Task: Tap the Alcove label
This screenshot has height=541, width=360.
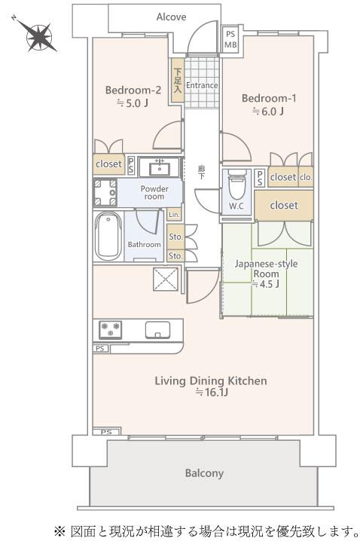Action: [x=172, y=17]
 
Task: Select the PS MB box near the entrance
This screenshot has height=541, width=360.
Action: [x=230, y=40]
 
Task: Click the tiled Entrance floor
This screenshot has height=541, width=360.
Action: [x=202, y=82]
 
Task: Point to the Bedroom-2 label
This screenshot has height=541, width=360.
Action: [x=133, y=90]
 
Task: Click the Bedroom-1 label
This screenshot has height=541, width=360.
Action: [x=269, y=99]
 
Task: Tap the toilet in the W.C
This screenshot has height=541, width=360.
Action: [x=237, y=184]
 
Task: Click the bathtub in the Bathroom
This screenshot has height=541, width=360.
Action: [x=108, y=236]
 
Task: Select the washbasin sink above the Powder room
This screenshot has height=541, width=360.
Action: [x=160, y=168]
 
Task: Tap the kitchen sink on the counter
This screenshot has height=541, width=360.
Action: [x=157, y=329]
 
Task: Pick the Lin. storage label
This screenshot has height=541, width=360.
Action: [x=175, y=215]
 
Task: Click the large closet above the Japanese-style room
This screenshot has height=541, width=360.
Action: [x=284, y=206]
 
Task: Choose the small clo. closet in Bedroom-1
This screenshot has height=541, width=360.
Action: [x=306, y=177]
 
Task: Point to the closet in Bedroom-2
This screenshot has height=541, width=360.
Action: [x=108, y=164]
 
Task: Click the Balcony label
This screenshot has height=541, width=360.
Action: [x=204, y=473]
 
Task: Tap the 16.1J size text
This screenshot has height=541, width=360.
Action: [x=212, y=393]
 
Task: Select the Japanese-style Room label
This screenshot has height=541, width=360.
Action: [x=266, y=269]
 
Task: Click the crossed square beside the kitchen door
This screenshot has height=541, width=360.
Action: [x=166, y=279]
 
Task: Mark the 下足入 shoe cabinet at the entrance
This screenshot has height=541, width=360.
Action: [x=177, y=80]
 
